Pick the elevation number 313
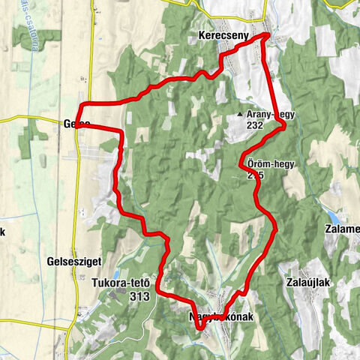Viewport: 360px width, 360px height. point(139,295)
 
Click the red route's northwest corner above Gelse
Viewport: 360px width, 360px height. point(81,103)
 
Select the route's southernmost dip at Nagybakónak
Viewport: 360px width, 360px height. point(201,326)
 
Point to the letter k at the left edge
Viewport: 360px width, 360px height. point(2,231)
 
